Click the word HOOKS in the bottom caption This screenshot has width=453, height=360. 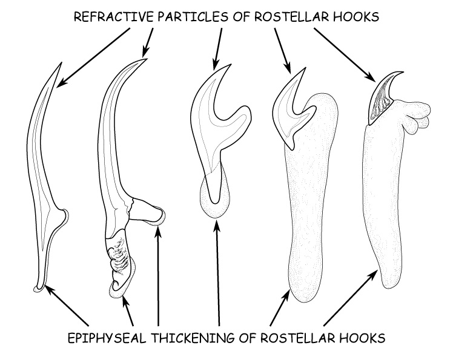point(360,336)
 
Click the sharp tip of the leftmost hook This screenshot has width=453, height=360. point(60,64)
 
